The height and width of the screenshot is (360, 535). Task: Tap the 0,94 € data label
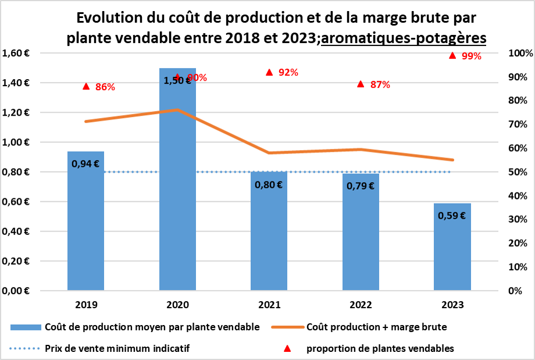pos(85,164)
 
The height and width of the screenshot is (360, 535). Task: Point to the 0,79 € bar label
pos(361,186)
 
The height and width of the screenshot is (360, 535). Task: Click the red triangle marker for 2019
pos(86,86)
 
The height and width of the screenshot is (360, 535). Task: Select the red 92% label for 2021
pos(288,73)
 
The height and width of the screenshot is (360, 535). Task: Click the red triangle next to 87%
pos(361,84)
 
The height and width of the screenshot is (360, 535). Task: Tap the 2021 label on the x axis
pos(269,304)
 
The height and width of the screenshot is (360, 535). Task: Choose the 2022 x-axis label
pos(361,304)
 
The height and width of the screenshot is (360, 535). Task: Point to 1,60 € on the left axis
pos(20,53)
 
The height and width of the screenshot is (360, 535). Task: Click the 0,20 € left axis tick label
pos(20,261)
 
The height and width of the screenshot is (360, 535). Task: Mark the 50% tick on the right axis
pos(517,172)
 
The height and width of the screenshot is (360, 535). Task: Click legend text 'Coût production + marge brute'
pos(376,327)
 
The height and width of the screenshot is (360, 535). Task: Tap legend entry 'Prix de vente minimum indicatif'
pos(117,348)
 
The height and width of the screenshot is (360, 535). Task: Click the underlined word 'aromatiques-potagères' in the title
pos(404,38)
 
